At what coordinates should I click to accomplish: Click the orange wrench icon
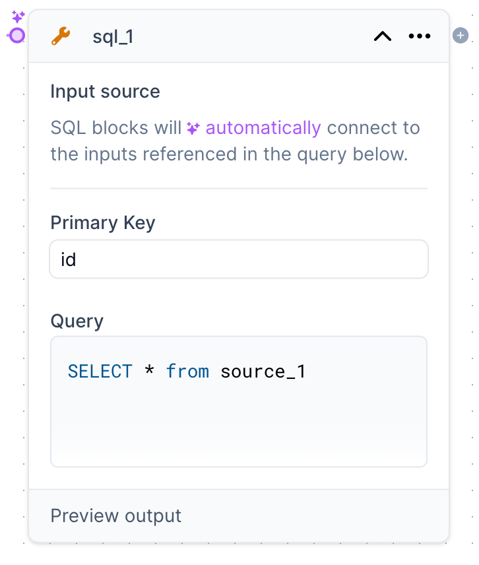(x=61, y=36)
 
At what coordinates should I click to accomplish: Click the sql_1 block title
(x=113, y=37)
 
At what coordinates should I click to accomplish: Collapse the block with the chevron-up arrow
(x=383, y=36)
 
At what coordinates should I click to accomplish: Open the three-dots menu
(x=420, y=36)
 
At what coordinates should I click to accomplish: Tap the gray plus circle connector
(x=460, y=36)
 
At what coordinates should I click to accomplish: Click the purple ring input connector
(x=17, y=36)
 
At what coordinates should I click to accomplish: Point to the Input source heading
(x=105, y=91)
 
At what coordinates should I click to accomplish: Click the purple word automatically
(x=263, y=127)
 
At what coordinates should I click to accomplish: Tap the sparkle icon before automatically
(x=193, y=128)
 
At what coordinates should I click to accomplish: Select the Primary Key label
(x=102, y=223)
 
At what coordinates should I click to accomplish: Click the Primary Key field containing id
(x=239, y=259)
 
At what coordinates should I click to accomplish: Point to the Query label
(x=77, y=321)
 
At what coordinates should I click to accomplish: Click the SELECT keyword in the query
(x=100, y=372)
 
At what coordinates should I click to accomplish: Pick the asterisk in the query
(x=149, y=372)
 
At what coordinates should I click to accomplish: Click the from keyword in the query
(x=187, y=372)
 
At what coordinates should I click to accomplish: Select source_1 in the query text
(x=263, y=372)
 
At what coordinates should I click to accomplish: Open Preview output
(x=116, y=515)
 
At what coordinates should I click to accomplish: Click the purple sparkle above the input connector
(x=18, y=17)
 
